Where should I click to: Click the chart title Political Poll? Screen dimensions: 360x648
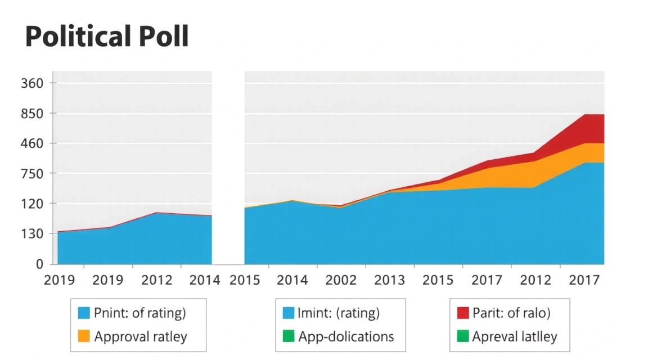point(107,37)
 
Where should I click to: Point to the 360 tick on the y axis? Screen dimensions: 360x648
point(31,83)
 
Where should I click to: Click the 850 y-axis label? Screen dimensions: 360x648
point(31,114)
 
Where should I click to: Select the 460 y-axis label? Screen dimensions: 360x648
point(31,143)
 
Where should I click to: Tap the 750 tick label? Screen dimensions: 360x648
point(31,173)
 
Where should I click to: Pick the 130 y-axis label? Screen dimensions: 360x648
point(31,233)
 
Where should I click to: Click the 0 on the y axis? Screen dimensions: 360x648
point(39,264)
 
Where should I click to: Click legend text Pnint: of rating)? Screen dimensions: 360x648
point(140,313)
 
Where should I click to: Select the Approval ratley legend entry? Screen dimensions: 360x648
point(141,337)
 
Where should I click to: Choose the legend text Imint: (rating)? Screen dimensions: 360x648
point(339,313)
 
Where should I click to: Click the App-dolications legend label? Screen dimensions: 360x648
point(346,337)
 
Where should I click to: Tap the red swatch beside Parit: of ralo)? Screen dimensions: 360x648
point(463,313)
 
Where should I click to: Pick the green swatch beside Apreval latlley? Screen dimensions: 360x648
point(463,337)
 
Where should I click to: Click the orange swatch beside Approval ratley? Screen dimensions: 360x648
point(84,337)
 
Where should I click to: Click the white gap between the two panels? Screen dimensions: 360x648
point(228,169)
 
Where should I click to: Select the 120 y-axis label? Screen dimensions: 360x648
point(31,204)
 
